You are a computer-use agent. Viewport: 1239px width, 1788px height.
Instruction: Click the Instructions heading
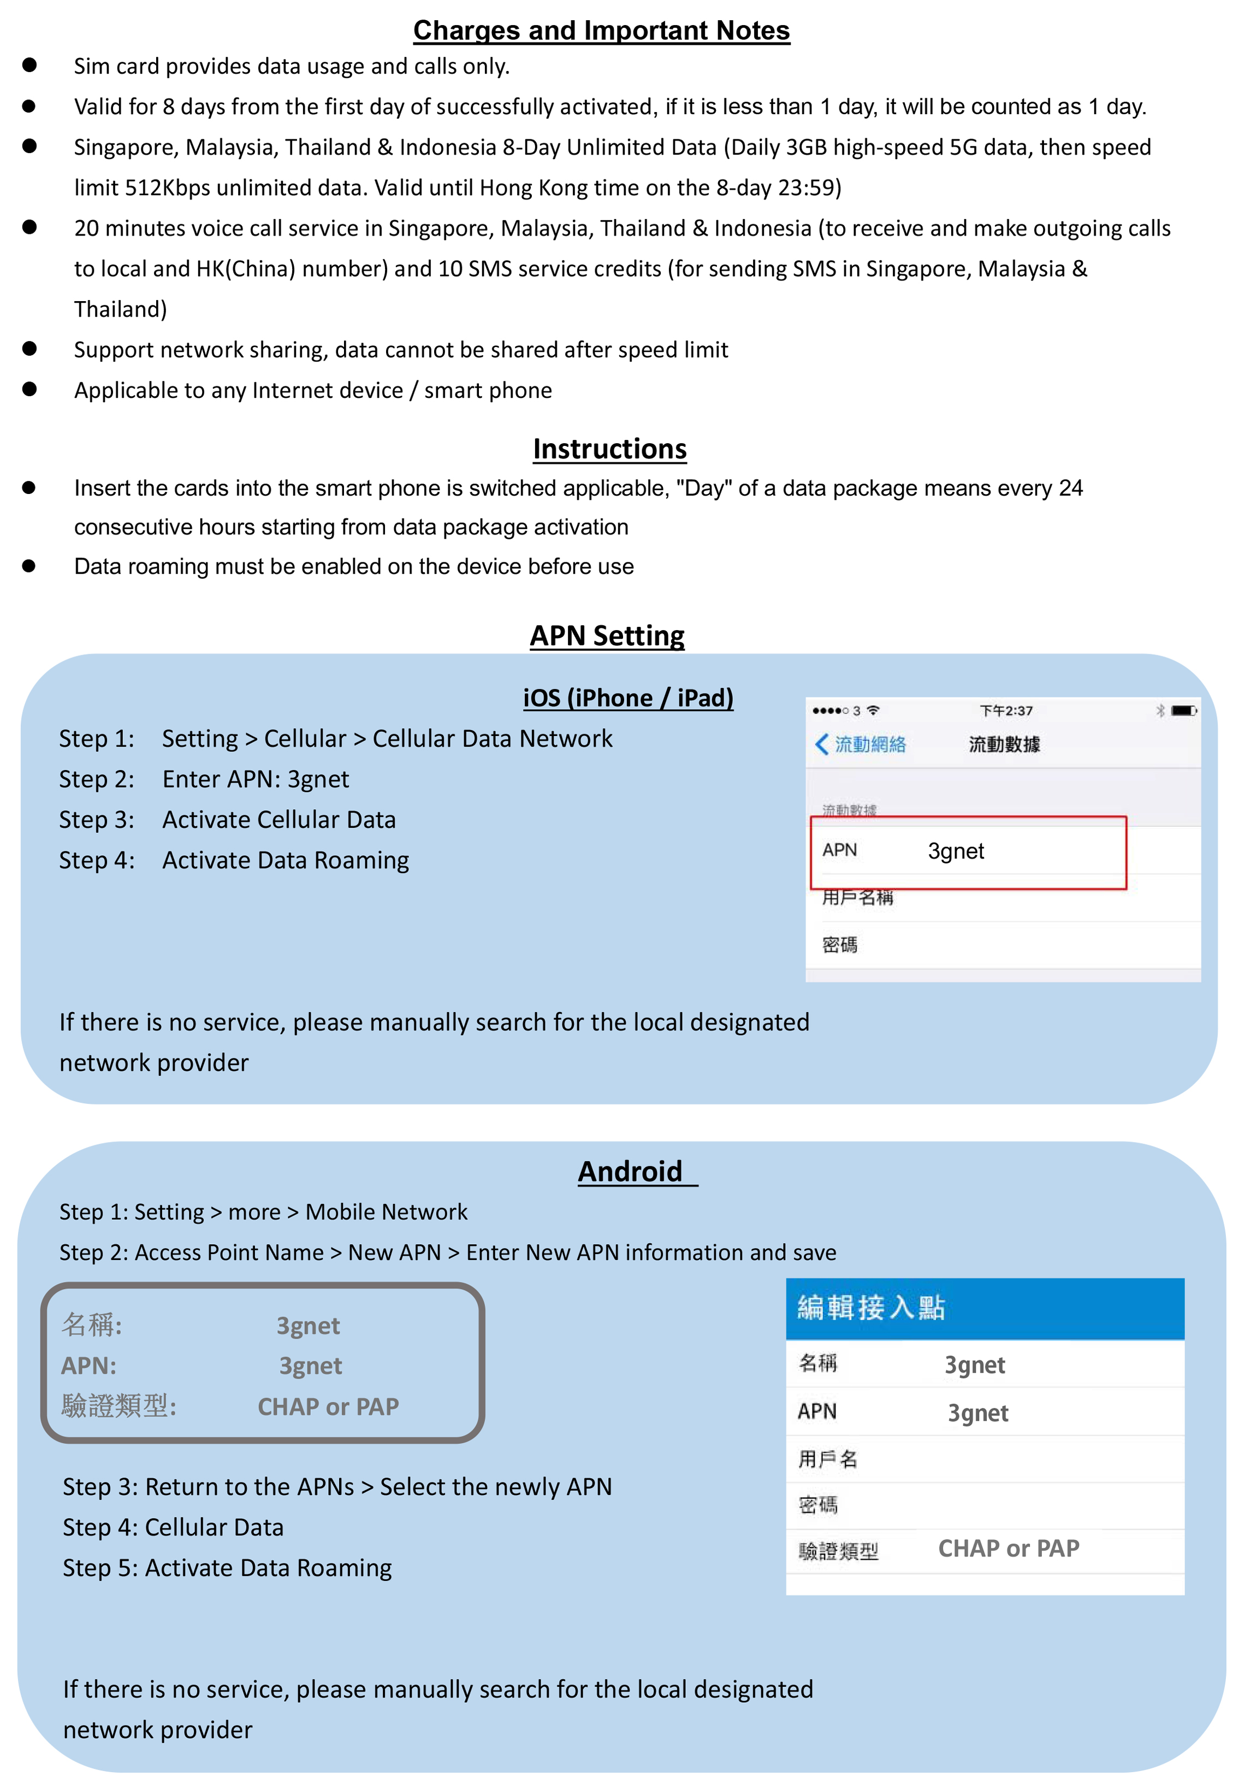(609, 449)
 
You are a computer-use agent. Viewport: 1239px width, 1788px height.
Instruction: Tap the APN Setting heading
(607, 636)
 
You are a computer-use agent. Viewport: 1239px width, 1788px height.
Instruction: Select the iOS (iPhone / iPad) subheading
(627, 697)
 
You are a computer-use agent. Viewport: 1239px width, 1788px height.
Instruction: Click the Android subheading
(630, 1171)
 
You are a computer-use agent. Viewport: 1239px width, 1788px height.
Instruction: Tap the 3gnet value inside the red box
(956, 851)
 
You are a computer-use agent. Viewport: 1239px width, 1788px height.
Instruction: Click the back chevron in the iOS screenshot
(821, 744)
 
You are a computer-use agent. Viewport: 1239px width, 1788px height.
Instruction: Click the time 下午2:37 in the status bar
(1006, 711)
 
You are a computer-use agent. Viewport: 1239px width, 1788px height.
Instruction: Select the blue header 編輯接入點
(871, 1308)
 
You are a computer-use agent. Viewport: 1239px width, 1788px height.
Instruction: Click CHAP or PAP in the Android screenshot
(1009, 1549)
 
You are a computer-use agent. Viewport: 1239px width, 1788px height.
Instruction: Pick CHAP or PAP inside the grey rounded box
(328, 1407)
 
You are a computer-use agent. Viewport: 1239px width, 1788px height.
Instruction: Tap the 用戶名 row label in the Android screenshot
(828, 1460)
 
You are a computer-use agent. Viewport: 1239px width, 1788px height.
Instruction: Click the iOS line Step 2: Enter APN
(204, 779)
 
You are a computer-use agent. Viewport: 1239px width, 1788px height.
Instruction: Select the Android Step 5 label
(100, 1568)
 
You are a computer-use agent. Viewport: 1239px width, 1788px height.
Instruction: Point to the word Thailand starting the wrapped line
(120, 310)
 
